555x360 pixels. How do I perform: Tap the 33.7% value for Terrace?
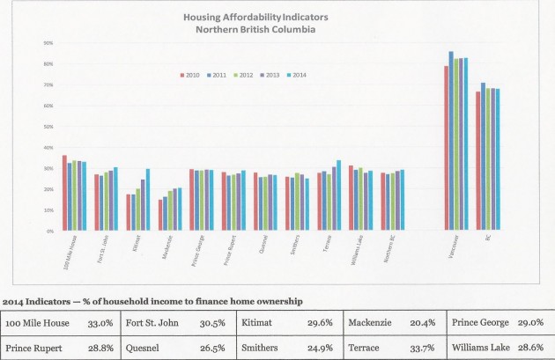pos(420,345)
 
